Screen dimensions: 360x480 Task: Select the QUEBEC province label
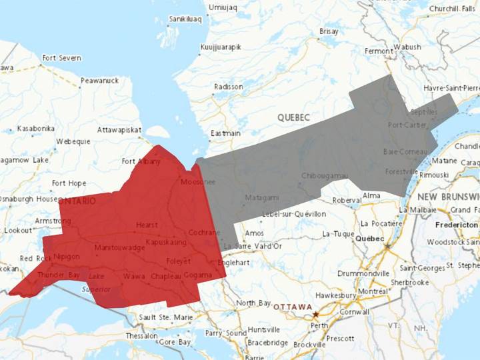pyautogui.click(x=294, y=117)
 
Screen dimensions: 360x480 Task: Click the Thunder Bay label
pyautogui.click(x=59, y=275)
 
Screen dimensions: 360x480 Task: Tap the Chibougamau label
pyautogui.click(x=325, y=175)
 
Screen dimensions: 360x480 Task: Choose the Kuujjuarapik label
pyautogui.click(x=221, y=47)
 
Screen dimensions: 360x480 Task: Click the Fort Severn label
pyautogui.click(x=61, y=58)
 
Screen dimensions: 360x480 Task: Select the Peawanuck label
pyautogui.click(x=99, y=80)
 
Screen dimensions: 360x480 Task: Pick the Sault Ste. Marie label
pyautogui.click(x=166, y=317)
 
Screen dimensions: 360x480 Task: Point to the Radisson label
pyautogui.click(x=229, y=87)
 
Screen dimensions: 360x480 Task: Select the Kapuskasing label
pyautogui.click(x=166, y=242)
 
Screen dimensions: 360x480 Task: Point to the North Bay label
pyautogui.click(x=254, y=303)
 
